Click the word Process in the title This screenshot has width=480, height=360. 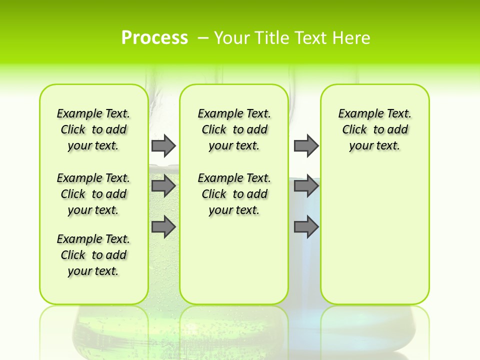(x=154, y=37)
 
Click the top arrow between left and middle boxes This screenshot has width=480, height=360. (x=163, y=145)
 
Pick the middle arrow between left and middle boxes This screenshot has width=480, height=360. (x=163, y=186)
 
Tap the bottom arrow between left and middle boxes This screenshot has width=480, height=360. (x=163, y=227)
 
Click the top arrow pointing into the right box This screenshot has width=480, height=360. (x=306, y=145)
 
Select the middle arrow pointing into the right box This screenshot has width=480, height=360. (x=306, y=186)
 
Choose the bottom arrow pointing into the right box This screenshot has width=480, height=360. (x=306, y=227)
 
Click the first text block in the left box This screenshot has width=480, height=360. (x=93, y=129)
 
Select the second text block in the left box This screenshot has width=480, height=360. (x=93, y=194)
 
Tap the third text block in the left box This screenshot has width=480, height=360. (x=93, y=255)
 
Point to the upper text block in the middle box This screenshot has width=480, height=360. (x=234, y=129)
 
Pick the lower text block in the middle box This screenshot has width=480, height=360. (x=234, y=194)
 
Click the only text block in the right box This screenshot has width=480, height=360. (x=374, y=129)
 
